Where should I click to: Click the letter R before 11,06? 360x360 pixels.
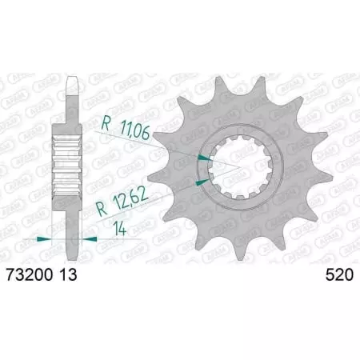pyautogui.click(x=106, y=126)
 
